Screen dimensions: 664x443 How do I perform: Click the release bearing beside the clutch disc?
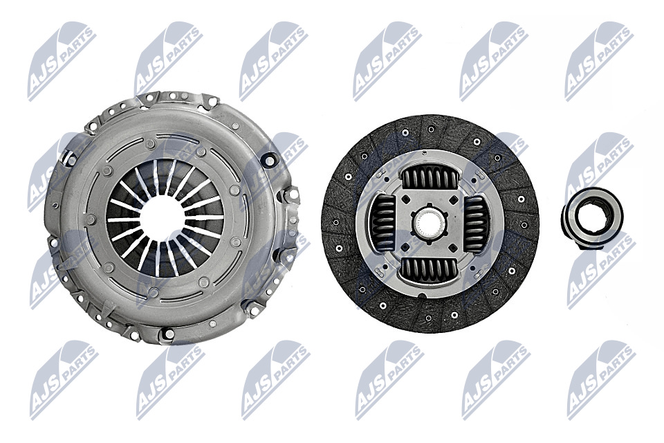592,218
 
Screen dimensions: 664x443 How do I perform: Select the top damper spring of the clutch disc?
428,177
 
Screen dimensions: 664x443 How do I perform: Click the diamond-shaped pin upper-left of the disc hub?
405,199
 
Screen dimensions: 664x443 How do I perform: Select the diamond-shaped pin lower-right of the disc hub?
452,247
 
